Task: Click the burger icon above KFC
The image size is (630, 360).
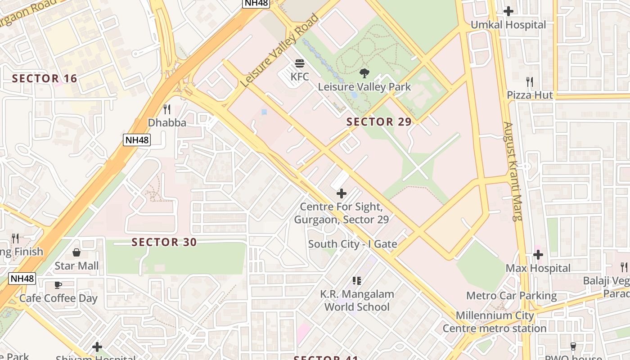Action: click(x=300, y=63)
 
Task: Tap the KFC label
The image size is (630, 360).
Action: click(x=300, y=76)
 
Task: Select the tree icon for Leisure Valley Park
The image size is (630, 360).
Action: click(x=364, y=73)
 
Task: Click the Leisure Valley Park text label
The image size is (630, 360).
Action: click(x=364, y=86)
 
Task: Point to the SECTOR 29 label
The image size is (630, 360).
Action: click(x=379, y=122)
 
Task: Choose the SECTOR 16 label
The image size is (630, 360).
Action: click(x=45, y=79)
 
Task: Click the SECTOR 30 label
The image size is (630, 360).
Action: click(x=164, y=243)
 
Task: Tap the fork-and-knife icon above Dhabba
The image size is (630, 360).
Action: click(x=167, y=109)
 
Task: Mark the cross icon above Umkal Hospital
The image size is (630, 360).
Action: click(x=508, y=11)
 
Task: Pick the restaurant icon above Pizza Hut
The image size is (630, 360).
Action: click(x=530, y=82)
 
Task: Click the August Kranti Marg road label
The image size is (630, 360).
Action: click(x=513, y=171)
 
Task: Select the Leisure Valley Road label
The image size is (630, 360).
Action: click(x=279, y=51)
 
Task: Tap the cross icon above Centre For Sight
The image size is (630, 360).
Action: click(x=342, y=193)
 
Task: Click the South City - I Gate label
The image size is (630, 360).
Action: click(x=352, y=244)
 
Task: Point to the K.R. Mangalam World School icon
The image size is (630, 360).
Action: click(x=357, y=281)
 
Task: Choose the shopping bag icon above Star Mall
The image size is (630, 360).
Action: click(x=76, y=252)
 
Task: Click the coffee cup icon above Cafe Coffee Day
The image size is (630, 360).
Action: click(x=58, y=285)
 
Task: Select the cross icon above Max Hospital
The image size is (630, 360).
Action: click(x=538, y=255)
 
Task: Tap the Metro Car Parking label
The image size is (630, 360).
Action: click(x=511, y=296)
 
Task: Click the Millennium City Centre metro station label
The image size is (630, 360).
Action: click(x=495, y=322)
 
